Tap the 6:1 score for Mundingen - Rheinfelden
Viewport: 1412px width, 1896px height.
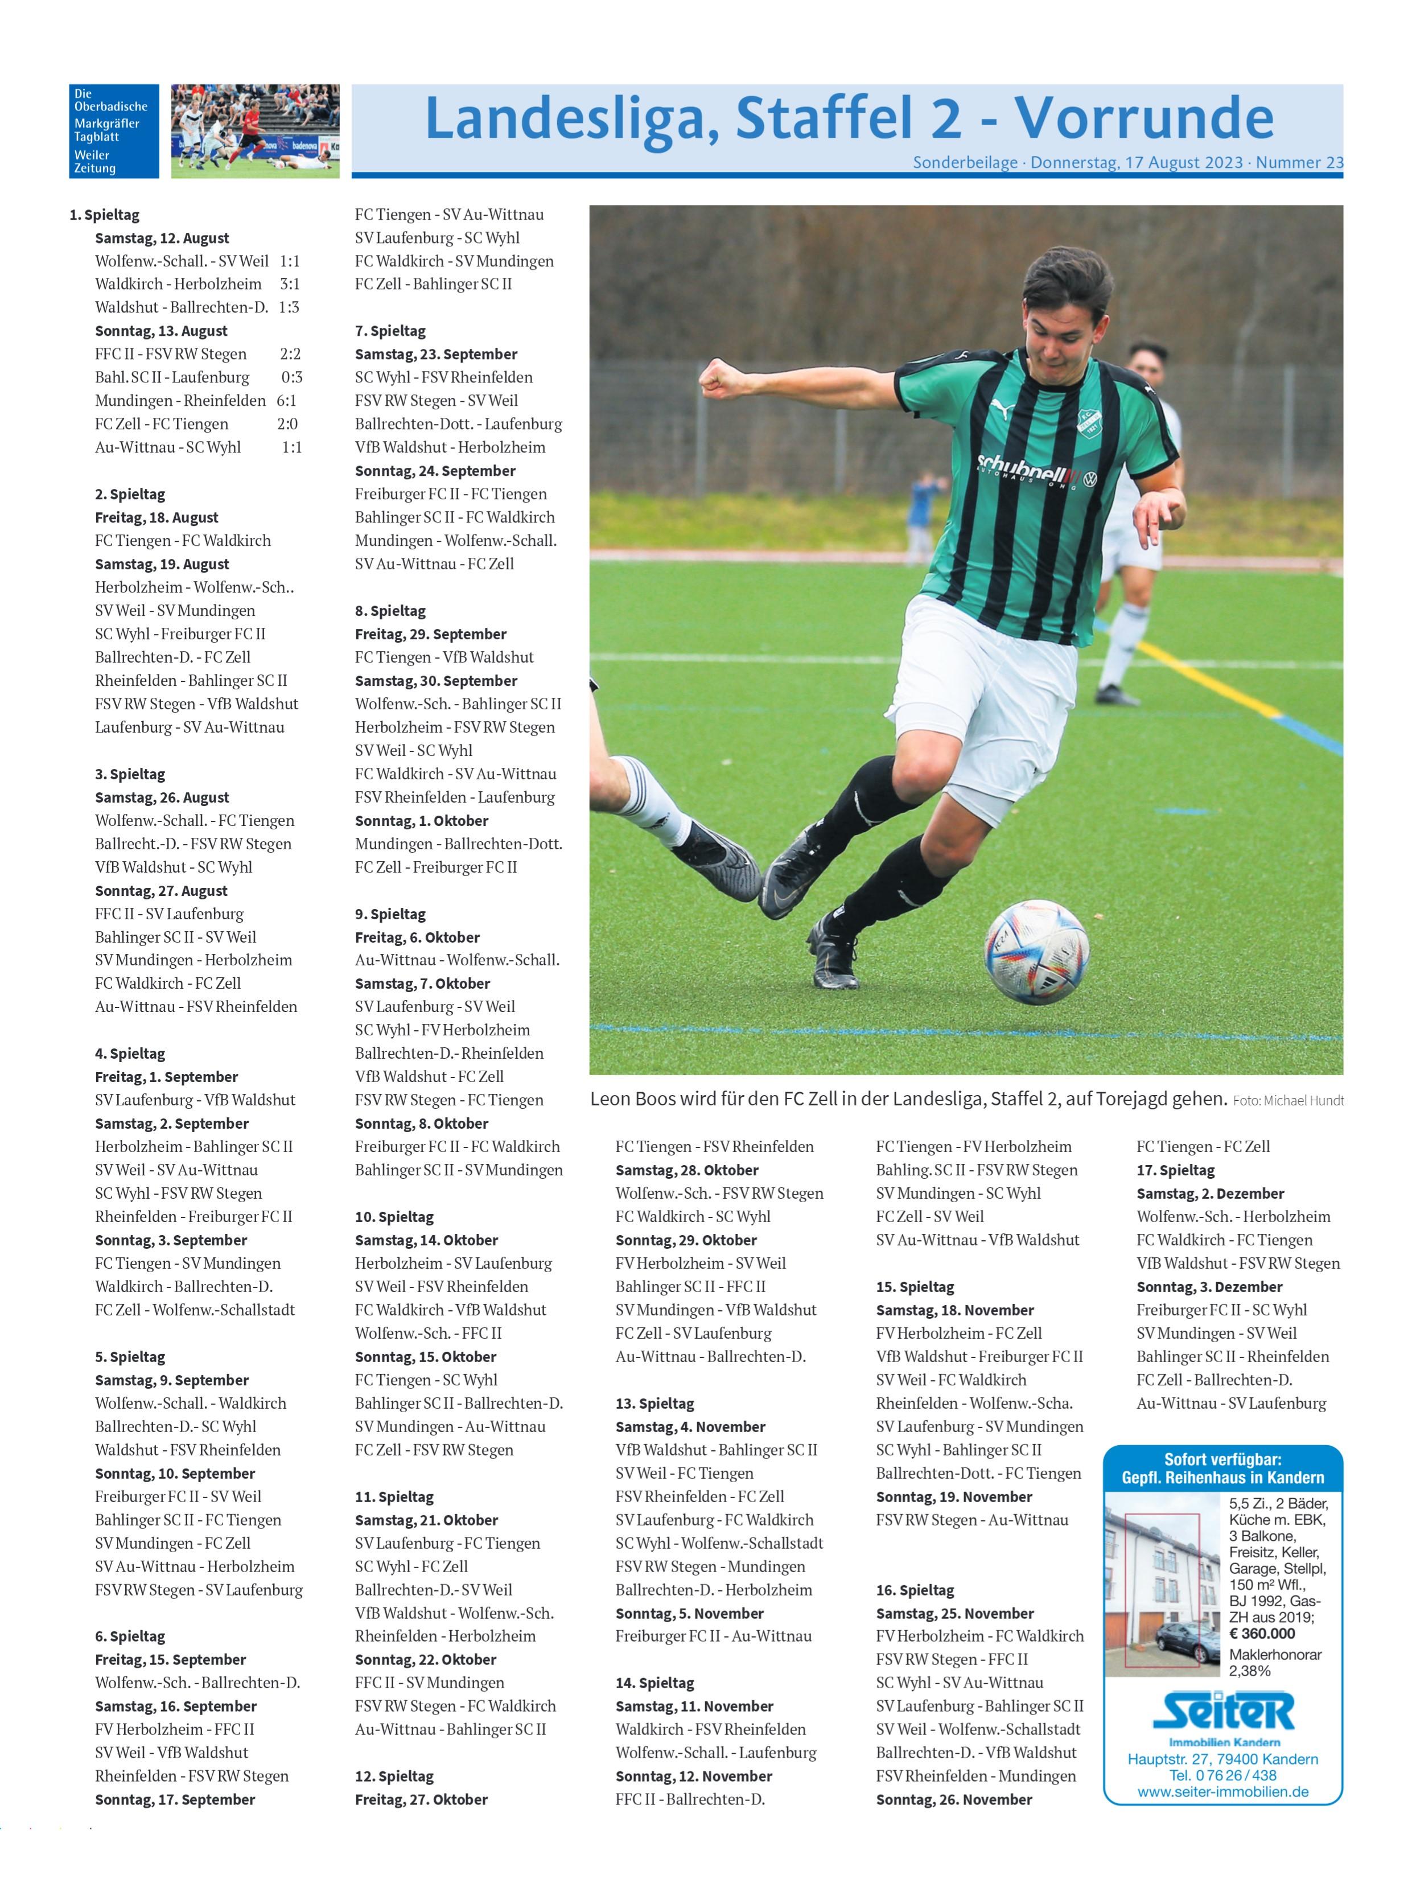(286, 401)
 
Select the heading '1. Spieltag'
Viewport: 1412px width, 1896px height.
(104, 215)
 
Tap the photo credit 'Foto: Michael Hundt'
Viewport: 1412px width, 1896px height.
(1287, 1101)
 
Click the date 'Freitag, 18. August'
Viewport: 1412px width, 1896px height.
(157, 518)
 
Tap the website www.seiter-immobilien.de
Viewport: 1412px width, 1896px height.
(1222, 1792)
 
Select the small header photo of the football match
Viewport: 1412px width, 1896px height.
(255, 131)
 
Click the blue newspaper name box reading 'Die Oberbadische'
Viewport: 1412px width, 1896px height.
(114, 131)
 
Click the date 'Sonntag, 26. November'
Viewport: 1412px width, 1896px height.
(954, 1799)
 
